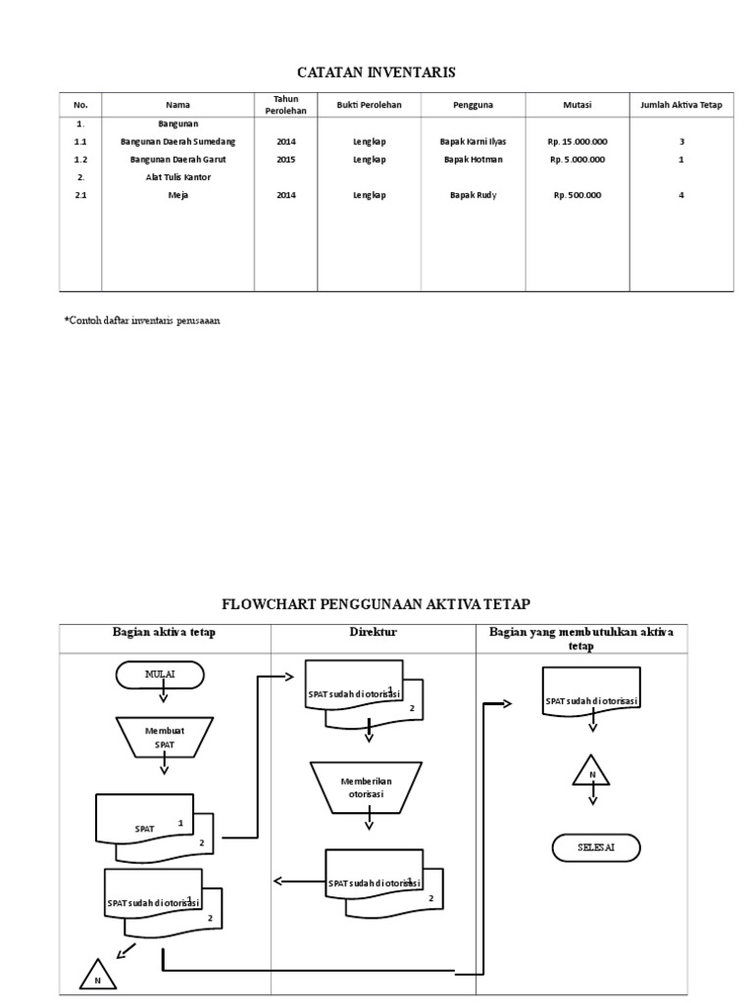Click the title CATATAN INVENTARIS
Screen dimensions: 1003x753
pyautogui.click(x=376, y=72)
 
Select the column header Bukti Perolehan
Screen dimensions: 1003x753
pyautogui.click(x=369, y=104)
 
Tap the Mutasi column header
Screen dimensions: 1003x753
pyautogui.click(x=577, y=104)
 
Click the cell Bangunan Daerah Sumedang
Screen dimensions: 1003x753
pyautogui.click(x=177, y=141)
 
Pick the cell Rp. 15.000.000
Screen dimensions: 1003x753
pyautogui.click(x=577, y=141)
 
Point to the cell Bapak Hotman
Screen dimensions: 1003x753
pyautogui.click(x=473, y=159)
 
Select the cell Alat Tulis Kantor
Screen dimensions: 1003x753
pyautogui.click(x=177, y=177)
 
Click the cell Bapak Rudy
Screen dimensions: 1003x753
pyautogui.click(x=473, y=195)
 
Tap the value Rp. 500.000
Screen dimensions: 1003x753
pyautogui.click(x=577, y=195)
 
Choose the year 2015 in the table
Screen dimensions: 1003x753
pyautogui.click(x=285, y=159)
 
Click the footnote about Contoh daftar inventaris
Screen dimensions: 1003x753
pyautogui.click(x=142, y=321)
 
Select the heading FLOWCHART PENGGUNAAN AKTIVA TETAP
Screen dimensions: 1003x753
pyautogui.click(x=376, y=603)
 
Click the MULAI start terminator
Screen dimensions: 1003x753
pyautogui.click(x=160, y=675)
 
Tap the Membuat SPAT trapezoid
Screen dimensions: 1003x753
pyautogui.click(x=164, y=738)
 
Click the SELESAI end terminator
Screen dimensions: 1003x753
pyautogui.click(x=596, y=848)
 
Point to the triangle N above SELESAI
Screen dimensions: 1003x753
pyautogui.click(x=591, y=773)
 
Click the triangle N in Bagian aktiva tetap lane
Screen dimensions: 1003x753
pyautogui.click(x=98, y=977)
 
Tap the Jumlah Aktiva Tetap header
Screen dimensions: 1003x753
pyautogui.click(x=680, y=104)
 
